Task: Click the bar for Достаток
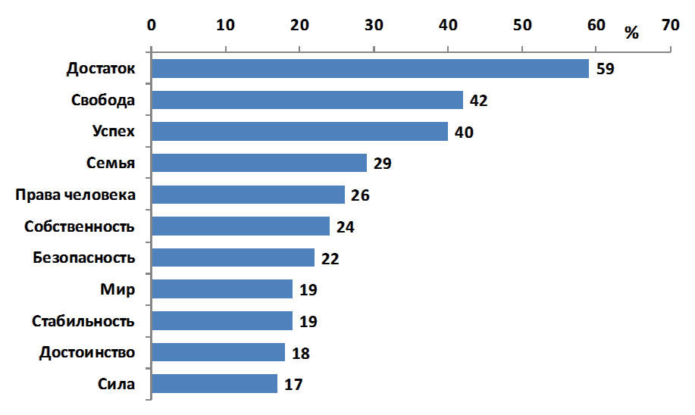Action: [370, 68]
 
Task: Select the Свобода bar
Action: [307, 100]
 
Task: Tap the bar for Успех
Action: [299, 132]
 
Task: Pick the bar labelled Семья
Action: [258, 163]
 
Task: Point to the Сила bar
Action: [214, 384]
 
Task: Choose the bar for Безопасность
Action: [233, 257]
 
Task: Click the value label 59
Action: [605, 69]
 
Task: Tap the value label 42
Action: [479, 101]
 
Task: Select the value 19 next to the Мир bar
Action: [308, 290]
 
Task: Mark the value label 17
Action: [294, 385]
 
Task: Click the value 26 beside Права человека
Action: [360, 195]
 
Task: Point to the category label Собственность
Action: [80, 226]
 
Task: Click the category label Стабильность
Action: [83, 321]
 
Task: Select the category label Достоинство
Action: [87, 352]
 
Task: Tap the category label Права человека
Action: [76, 195]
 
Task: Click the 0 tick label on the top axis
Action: [152, 25]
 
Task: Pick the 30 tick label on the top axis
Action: [374, 25]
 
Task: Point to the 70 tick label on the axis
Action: [670, 25]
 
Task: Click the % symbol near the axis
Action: [632, 33]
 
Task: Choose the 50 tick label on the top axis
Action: [522, 25]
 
